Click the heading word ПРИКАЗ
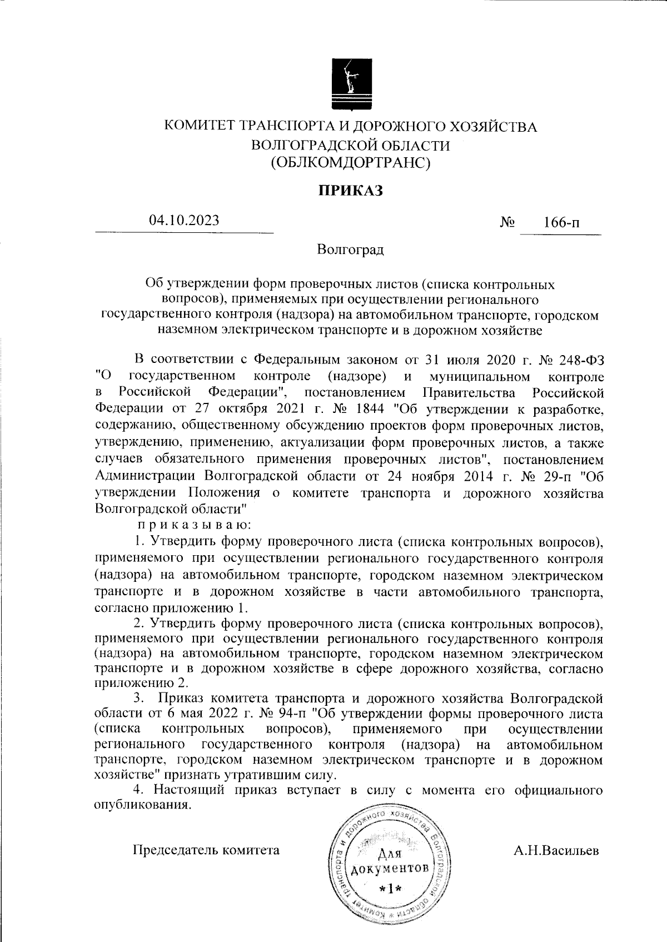pos(351,191)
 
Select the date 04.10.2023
pos(184,220)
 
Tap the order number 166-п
pos(562,224)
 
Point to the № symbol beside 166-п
pos(507,223)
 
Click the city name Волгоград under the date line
pos(350,250)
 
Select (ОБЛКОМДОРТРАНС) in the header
pos(351,162)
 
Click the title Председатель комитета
pos(206,850)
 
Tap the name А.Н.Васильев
pos(556,850)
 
